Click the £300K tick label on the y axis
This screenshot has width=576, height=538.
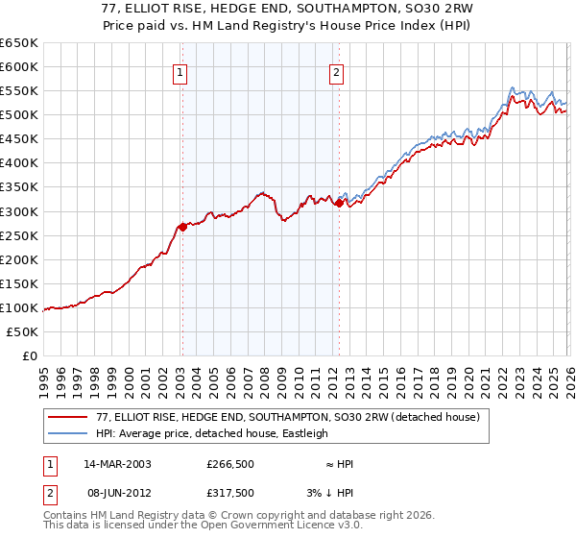(x=19, y=211)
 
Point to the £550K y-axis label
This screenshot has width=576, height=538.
(x=19, y=91)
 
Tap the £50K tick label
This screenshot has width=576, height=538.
(x=23, y=331)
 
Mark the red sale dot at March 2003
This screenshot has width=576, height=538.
(x=182, y=227)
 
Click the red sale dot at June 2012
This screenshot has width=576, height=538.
(x=339, y=203)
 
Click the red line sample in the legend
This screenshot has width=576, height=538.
(x=69, y=417)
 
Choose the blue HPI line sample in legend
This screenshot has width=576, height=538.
(x=69, y=433)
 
